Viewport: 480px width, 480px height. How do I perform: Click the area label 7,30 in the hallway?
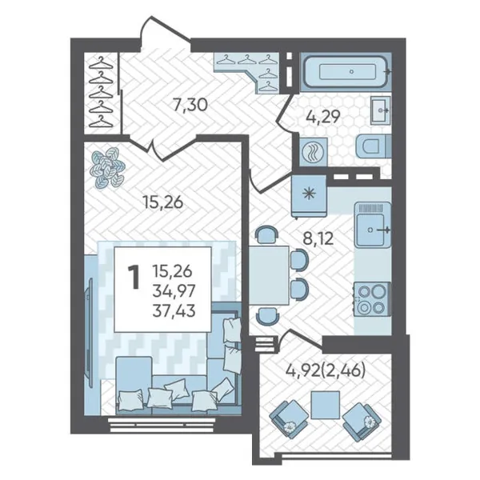click(x=190, y=106)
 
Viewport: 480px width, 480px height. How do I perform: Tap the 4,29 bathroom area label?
click(x=322, y=116)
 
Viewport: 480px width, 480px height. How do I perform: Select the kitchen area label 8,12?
click(x=318, y=238)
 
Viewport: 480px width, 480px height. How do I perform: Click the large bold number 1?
click(x=134, y=277)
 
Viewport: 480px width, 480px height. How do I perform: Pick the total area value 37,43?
click(x=174, y=311)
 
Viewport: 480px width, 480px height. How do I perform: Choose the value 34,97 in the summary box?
click(x=174, y=291)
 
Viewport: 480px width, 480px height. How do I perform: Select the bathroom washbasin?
click(x=381, y=110)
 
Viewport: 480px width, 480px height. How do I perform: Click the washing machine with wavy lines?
click(x=313, y=151)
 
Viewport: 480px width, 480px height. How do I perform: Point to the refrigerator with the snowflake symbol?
click(x=309, y=196)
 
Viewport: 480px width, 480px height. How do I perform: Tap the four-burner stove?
click(x=372, y=299)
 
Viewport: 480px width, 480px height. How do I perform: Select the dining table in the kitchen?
click(x=269, y=275)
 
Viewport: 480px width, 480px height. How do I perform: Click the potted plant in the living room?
click(x=108, y=167)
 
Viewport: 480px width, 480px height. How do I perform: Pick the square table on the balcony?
click(x=325, y=405)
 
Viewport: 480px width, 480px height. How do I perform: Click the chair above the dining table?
click(x=267, y=234)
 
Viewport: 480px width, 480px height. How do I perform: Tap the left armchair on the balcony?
click(x=289, y=418)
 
